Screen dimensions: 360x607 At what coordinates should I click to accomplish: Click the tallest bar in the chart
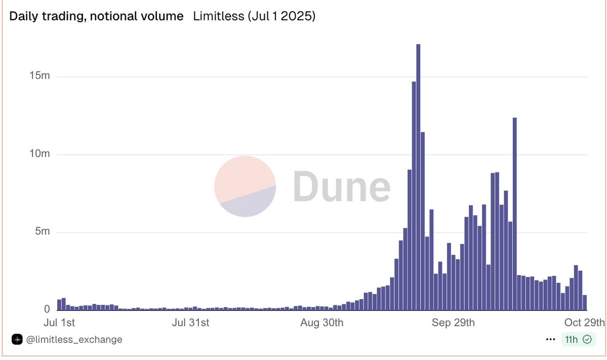click(418, 177)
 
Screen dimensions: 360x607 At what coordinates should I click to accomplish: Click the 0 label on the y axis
click(47, 309)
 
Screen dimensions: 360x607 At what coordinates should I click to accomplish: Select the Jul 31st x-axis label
click(191, 323)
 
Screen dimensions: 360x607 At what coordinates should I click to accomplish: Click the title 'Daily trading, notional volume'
click(97, 16)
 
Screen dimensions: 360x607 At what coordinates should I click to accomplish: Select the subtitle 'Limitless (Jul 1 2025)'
click(255, 16)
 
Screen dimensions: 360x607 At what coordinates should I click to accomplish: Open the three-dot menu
click(551, 339)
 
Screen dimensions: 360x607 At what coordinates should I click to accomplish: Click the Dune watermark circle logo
click(245, 186)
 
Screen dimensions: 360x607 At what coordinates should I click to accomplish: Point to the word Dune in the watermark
click(342, 186)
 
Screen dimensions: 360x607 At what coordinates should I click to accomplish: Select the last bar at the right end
click(585, 302)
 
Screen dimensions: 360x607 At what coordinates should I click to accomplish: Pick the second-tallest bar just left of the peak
click(414, 195)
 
